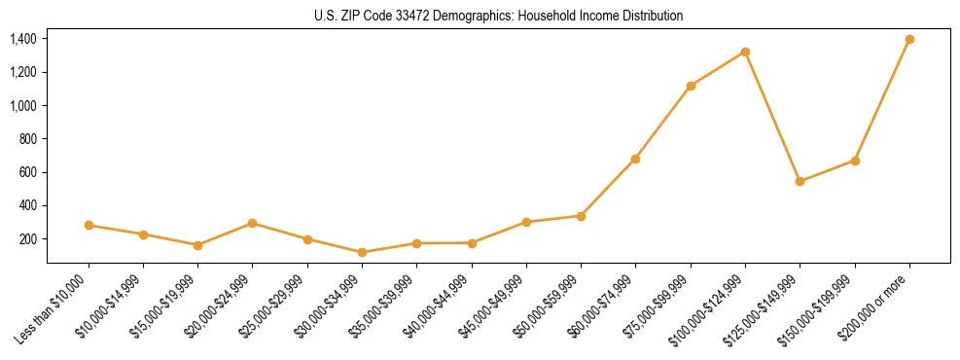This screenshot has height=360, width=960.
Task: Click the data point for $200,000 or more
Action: pos(909,39)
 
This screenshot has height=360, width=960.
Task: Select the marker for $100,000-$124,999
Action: pos(745,52)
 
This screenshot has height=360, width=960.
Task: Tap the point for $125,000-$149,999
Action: pos(800,181)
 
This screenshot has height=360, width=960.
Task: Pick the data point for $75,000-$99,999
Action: pos(691,86)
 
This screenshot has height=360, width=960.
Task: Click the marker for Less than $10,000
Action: pos(89,225)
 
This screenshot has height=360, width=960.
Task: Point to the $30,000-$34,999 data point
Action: pos(362,252)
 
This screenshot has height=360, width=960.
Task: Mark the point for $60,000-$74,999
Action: pos(635,159)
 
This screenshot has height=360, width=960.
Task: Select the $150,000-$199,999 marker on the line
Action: pos(855,161)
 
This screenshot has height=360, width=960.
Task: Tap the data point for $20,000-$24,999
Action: pos(252,223)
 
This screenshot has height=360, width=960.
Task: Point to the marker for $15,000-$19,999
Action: pos(197,245)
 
